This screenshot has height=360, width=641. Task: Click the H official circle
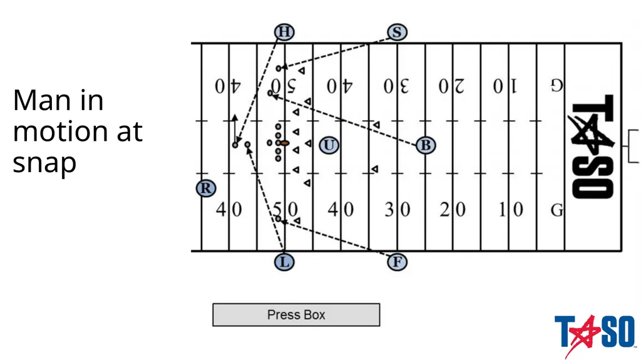[x=284, y=32]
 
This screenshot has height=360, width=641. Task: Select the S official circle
[x=397, y=32]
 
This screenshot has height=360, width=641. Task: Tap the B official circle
[x=426, y=145]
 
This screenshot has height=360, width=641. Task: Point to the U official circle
[x=329, y=145]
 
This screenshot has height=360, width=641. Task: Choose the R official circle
[x=205, y=188]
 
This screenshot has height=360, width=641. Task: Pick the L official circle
[x=284, y=262]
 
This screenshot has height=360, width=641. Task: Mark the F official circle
[x=397, y=262]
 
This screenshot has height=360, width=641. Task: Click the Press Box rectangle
[x=296, y=314]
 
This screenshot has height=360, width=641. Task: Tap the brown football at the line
[x=285, y=143]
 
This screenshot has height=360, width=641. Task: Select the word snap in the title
[x=44, y=163]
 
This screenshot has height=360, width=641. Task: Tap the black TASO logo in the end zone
[x=592, y=147]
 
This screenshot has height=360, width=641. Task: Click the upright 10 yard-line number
[x=511, y=210]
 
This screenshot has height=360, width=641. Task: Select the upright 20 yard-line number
[x=453, y=210]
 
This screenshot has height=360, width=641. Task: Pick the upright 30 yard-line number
[x=397, y=210]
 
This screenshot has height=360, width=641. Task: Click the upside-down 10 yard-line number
[x=505, y=86]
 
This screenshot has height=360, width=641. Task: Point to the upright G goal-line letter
[x=556, y=210]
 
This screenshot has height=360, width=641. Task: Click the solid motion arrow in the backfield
[x=235, y=129]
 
